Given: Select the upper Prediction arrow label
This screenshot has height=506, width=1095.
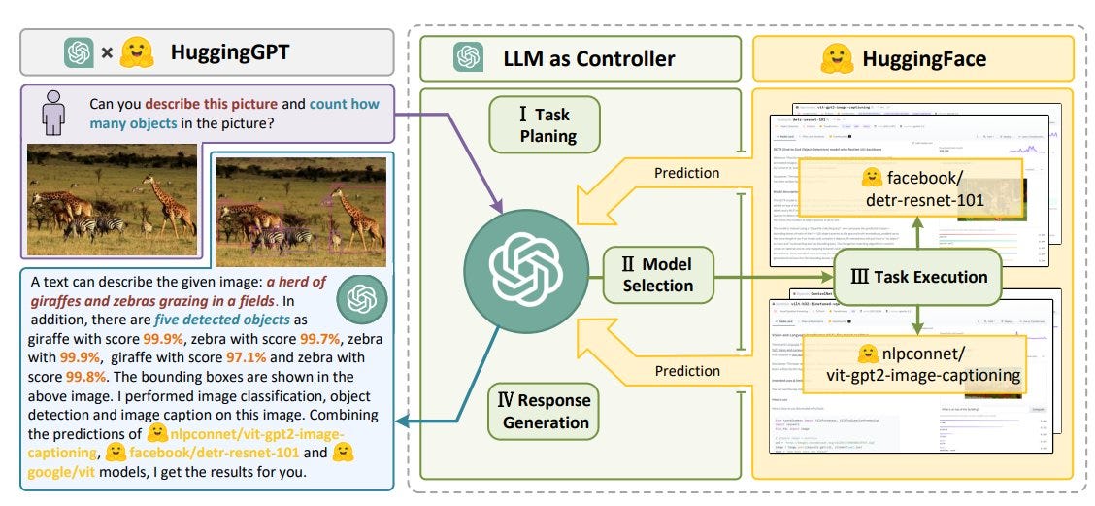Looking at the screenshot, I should click(687, 173).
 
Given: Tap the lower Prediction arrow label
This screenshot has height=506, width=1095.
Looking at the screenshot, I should click(687, 370).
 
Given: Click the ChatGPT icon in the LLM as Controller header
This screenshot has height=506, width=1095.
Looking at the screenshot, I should click(467, 58).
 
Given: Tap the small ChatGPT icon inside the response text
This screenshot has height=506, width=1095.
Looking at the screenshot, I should click(361, 298).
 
